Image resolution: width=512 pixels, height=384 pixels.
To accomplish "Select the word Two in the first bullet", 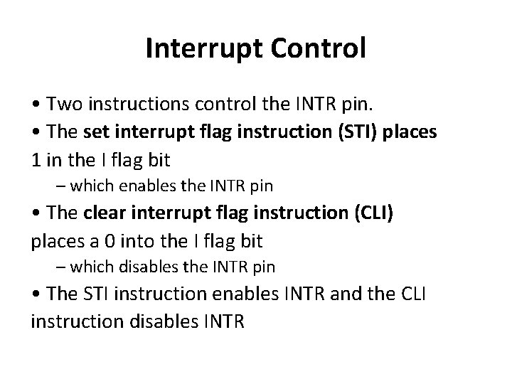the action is pos(63,105).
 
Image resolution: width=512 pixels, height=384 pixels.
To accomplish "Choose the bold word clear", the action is pos(102,213).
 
